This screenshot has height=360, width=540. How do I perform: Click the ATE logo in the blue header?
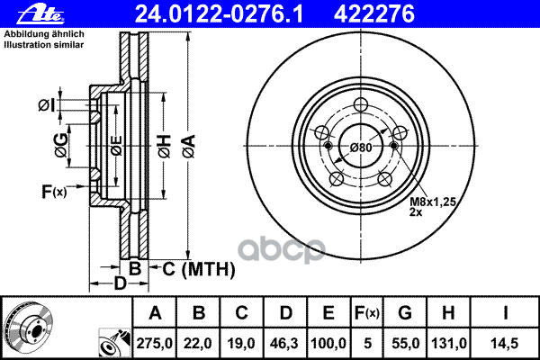41,14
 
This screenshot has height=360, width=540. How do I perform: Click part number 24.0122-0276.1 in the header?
219,14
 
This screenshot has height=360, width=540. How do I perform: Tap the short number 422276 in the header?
374,14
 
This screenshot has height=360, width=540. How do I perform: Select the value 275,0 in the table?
154,344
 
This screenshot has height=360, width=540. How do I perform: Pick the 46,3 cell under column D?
284,344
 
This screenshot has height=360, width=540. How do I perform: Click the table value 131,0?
449,344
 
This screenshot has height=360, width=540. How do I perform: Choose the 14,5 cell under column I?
505,344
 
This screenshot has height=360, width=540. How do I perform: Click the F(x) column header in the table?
367,313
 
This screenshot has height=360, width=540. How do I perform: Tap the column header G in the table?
405,313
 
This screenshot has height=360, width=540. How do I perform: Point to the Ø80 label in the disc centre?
361,148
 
